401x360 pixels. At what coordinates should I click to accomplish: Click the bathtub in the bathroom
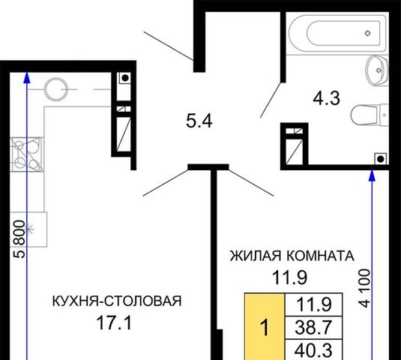(x=337, y=33)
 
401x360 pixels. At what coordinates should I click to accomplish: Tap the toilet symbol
(x=370, y=115)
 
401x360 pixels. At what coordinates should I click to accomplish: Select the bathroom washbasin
(x=378, y=70)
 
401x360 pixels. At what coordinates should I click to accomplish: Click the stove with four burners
(x=26, y=154)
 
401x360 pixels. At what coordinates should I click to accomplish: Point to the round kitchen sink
(x=55, y=89)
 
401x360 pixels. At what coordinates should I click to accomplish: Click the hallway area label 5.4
(x=199, y=121)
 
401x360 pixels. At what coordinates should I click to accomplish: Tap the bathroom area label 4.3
(x=327, y=98)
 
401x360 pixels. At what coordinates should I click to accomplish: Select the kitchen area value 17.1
(x=114, y=322)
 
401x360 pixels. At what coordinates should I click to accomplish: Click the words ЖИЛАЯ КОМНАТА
(x=292, y=256)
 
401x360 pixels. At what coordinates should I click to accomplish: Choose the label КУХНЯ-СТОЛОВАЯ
(x=117, y=301)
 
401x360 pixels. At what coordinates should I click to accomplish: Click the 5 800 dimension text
(x=19, y=239)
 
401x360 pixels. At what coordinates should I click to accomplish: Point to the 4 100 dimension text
(x=365, y=288)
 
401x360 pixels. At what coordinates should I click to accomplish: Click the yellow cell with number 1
(x=265, y=326)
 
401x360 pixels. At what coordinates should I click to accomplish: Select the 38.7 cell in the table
(x=313, y=328)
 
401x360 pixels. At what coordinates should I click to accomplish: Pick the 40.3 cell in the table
(x=313, y=350)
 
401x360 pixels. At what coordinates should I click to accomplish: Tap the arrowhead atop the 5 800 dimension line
(x=27, y=78)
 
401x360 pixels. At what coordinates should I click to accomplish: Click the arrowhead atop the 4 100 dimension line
(x=372, y=175)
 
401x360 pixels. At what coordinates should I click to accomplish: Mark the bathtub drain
(x=367, y=33)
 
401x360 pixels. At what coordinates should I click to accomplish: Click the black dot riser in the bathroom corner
(x=381, y=159)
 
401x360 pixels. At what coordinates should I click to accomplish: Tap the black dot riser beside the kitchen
(x=125, y=78)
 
